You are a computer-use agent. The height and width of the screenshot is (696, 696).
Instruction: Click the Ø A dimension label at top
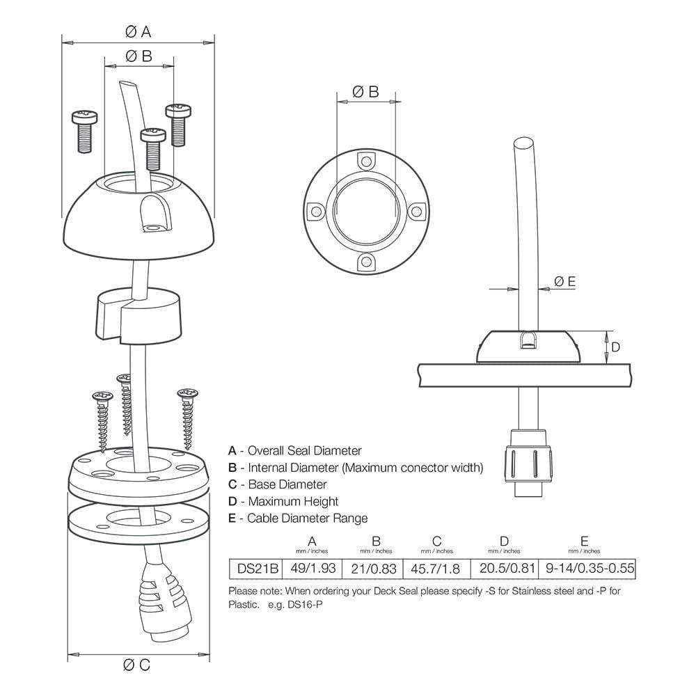click(x=138, y=31)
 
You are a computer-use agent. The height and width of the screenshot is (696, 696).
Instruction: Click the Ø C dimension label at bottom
click(x=136, y=665)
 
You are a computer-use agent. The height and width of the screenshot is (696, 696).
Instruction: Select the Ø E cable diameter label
click(x=564, y=281)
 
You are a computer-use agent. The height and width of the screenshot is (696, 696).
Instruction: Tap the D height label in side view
click(x=615, y=346)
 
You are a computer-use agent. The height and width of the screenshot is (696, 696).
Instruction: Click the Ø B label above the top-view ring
click(x=365, y=91)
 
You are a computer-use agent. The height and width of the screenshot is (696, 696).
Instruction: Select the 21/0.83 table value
click(x=376, y=569)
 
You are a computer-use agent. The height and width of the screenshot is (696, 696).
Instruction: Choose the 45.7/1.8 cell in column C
click(x=436, y=569)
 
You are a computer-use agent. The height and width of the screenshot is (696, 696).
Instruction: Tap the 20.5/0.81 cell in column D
click(x=505, y=569)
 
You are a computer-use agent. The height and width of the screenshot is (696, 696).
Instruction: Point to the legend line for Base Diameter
click(x=277, y=484)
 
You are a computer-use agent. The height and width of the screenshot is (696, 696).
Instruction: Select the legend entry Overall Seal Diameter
click(x=294, y=451)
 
